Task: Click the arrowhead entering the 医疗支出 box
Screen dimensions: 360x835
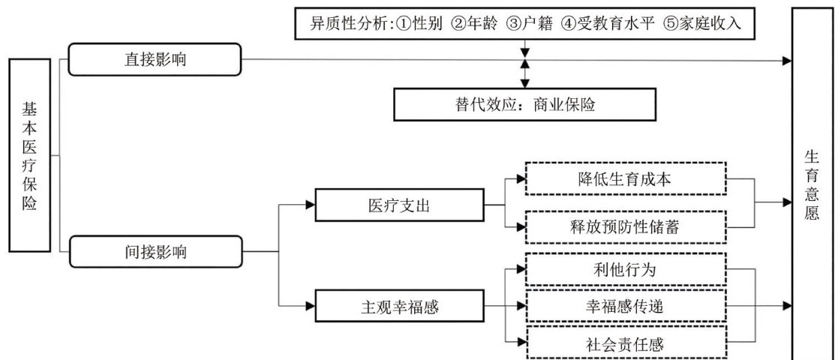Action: [x=310, y=204]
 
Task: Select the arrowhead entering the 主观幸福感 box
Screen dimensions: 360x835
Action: [x=310, y=306]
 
